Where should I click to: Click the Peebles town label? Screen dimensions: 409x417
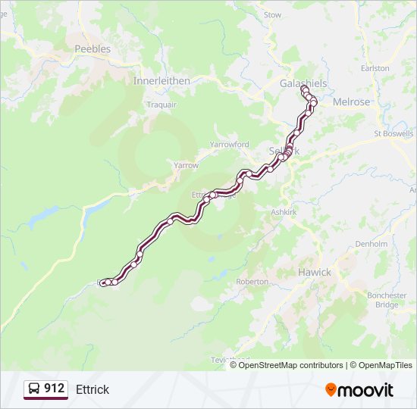(x=92, y=49)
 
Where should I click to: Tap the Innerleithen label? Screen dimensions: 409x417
(x=161, y=80)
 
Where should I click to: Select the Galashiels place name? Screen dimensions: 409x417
(x=302, y=83)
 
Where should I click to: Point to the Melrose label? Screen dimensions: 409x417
(x=351, y=101)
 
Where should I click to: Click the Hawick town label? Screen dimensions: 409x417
(x=314, y=272)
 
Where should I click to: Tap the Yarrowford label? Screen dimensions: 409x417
(x=229, y=144)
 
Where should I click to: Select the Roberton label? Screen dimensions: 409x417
(x=252, y=282)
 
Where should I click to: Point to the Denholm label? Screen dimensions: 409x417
(x=372, y=245)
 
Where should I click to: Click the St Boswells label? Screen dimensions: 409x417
(x=394, y=134)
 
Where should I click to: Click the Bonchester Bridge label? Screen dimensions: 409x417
(x=387, y=300)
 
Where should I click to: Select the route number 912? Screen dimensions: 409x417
(x=54, y=389)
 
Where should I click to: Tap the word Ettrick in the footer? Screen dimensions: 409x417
(x=92, y=389)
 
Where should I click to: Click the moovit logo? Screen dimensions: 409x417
(x=359, y=390)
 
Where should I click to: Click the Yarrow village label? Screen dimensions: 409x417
(x=186, y=165)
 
